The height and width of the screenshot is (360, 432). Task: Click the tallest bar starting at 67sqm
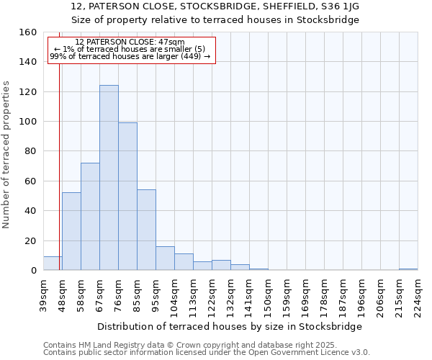point(109,178)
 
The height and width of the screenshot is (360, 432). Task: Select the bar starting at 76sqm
point(127,197)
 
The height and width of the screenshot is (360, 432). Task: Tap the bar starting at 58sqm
point(90,217)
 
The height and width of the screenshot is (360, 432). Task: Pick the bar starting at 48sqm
point(71,231)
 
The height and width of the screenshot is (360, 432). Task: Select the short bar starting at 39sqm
point(53,264)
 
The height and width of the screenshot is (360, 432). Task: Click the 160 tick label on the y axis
point(27,32)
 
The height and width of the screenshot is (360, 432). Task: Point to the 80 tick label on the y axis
point(30,151)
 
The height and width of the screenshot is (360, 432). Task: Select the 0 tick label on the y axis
point(33,271)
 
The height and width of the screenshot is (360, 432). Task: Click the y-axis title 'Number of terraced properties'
point(7,155)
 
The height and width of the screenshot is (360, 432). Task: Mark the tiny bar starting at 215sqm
point(408,269)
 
